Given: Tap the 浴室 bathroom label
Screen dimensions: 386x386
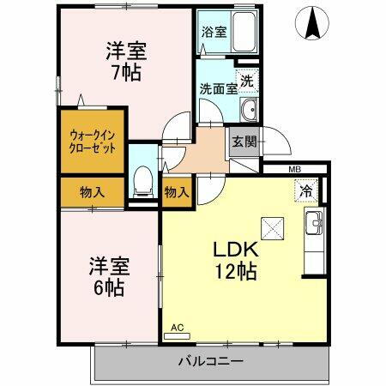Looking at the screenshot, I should [x=214, y=33].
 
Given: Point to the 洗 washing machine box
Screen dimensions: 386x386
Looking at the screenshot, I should [x=246, y=81].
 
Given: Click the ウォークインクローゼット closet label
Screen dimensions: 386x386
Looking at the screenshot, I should [x=93, y=141].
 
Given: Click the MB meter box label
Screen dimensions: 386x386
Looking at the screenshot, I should [x=294, y=169].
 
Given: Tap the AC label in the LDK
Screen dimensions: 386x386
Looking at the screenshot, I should [x=178, y=328].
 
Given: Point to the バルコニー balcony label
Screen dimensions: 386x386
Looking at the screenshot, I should [x=211, y=361].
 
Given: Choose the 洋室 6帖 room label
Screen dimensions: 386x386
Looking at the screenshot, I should [x=106, y=276].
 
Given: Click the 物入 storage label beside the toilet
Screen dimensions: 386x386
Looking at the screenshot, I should [x=176, y=192].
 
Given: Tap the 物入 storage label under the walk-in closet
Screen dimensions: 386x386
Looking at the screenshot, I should [x=93, y=192].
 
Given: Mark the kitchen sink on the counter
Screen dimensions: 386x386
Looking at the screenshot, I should [x=314, y=225].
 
